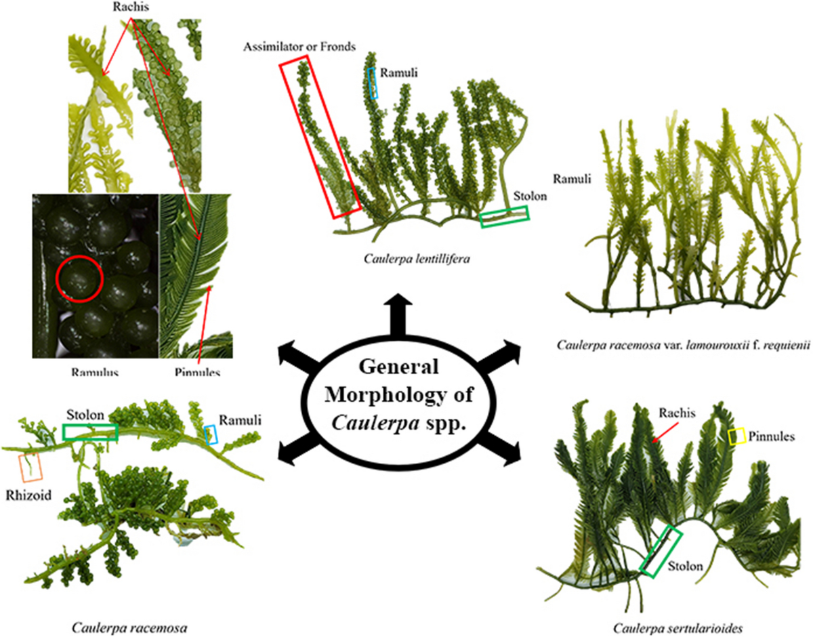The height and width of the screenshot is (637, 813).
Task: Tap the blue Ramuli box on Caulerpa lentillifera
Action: pos(372,83)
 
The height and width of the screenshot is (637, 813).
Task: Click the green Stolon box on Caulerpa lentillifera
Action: pos(504,216)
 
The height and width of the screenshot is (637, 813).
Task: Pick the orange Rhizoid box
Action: pos(31,468)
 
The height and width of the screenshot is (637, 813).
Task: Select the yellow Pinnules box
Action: pos(736,436)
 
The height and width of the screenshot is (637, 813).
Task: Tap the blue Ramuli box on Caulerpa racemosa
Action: pos(211,434)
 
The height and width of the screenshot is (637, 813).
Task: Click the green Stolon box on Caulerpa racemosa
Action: pos(89,432)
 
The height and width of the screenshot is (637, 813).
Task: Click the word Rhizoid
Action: pos(24,493)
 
